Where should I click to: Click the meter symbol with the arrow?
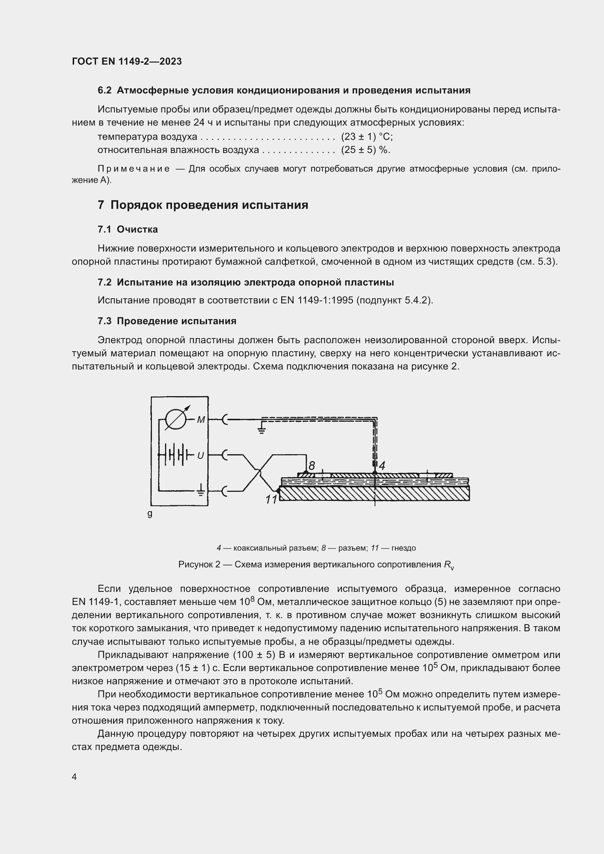(x=176, y=420)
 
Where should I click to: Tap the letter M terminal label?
(x=201, y=420)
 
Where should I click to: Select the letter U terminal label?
(x=200, y=455)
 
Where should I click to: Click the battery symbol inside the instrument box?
(x=176, y=455)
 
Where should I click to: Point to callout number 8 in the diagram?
(x=311, y=466)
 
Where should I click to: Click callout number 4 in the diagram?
(x=382, y=465)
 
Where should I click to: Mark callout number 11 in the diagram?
(x=271, y=499)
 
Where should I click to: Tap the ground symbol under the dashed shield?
(x=262, y=431)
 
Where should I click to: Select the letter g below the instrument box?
(x=150, y=514)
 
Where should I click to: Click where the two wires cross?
(x=259, y=472)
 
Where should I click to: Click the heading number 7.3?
(x=104, y=321)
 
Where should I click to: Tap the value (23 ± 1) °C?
(x=367, y=137)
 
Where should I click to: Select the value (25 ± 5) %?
(x=366, y=150)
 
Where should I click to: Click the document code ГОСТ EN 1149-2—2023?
(x=127, y=61)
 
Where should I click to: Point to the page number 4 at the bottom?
(x=74, y=777)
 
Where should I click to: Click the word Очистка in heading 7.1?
(x=137, y=230)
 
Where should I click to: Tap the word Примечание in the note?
(x=134, y=169)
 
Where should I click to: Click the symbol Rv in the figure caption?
(x=448, y=565)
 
